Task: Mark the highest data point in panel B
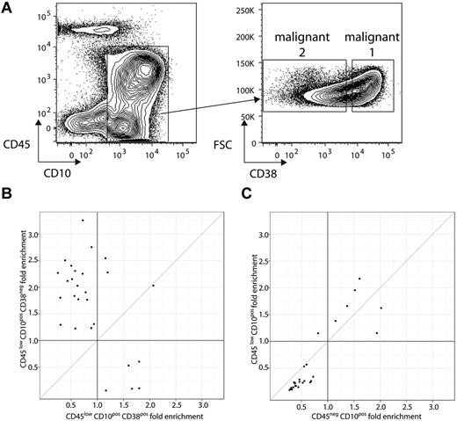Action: click(83, 220)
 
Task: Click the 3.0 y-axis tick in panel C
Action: click(268, 235)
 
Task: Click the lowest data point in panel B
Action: click(105, 390)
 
